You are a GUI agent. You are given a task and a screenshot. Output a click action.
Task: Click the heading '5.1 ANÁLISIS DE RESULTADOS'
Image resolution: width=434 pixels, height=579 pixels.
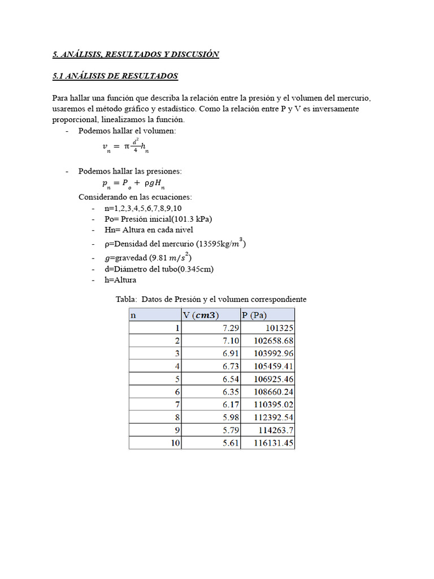click(115, 76)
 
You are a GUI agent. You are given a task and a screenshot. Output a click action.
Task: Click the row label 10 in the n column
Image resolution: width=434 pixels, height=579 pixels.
click(175, 443)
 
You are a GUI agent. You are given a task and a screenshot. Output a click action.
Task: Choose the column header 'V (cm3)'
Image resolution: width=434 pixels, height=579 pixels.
click(201, 315)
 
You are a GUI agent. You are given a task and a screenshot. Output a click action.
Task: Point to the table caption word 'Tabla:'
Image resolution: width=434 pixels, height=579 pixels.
click(126, 299)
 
